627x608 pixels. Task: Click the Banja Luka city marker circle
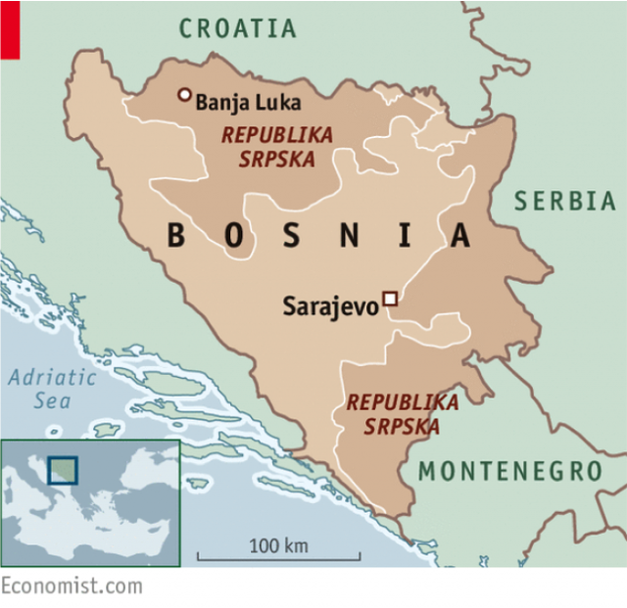[x=184, y=95]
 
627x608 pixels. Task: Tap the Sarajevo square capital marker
[x=390, y=299]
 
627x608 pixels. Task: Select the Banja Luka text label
[x=248, y=102]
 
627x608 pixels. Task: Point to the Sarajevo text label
[x=330, y=306]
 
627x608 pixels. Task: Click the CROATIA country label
[x=237, y=28]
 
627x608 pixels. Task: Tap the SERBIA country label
[x=565, y=202]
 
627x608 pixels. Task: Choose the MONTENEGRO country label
[x=509, y=471]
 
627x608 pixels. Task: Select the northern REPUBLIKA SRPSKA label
[x=277, y=147]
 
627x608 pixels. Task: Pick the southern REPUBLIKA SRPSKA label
[x=403, y=414]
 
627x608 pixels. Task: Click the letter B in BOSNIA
[x=176, y=236]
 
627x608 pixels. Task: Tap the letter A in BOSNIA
[x=459, y=236]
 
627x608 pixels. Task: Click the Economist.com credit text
[x=71, y=586]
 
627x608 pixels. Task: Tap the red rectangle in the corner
[x=10, y=29]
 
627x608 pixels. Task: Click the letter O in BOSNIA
[x=233, y=236]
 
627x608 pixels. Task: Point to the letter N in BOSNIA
[x=348, y=236]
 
